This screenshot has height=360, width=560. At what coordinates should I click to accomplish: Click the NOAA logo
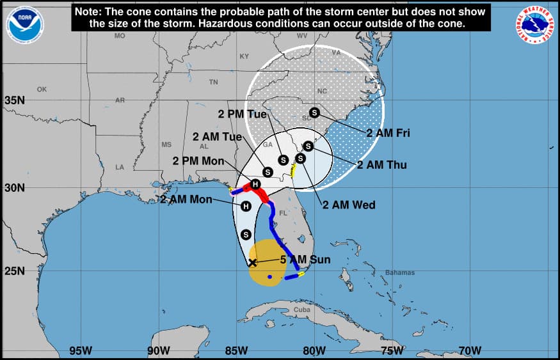pyautogui.click(x=24, y=25)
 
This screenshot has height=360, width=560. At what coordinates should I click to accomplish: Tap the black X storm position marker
pyautogui.click(x=252, y=262)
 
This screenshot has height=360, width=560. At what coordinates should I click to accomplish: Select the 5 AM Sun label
pyautogui.click(x=305, y=260)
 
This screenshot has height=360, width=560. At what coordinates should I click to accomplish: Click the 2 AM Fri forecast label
pyautogui.click(x=388, y=133)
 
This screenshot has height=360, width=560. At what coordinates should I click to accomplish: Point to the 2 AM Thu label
pyautogui.click(x=381, y=165)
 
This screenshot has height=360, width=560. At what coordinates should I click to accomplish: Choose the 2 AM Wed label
pyautogui.click(x=349, y=205)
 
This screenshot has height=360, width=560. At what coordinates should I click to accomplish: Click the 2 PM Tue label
pyautogui.click(x=242, y=114)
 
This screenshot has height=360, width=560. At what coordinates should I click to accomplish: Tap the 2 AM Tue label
pyautogui.click(x=217, y=137)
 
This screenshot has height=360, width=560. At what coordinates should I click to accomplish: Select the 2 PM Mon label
pyautogui.click(x=198, y=160)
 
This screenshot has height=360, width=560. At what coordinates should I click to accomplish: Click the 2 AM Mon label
pyautogui.click(x=186, y=200)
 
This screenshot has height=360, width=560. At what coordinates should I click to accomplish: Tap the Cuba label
pyautogui.click(x=301, y=309)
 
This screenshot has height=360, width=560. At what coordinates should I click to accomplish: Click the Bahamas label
pyautogui.click(x=400, y=273)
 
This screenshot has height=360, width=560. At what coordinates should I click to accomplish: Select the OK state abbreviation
pyautogui.click(x=42, y=90)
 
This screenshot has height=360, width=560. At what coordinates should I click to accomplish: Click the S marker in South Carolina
pyautogui.click(x=314, y=113)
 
